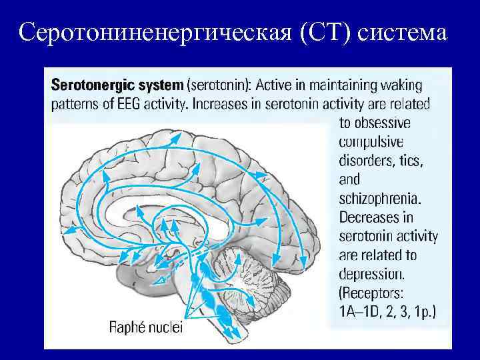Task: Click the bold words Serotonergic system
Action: click(117, 85)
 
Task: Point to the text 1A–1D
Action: click(361, 311)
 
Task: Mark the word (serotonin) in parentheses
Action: click(220, 85)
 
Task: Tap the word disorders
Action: click(367, 161)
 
